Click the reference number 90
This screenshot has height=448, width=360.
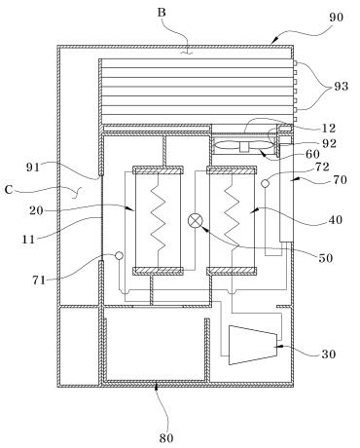(x=336, y=18)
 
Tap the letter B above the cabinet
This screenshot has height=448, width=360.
(x=162, y=13)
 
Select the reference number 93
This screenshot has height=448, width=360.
(x=342, y=87)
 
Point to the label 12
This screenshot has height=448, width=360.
(x=329, y=129)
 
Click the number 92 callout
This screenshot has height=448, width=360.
(x=330, y=143)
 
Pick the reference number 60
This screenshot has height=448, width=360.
(x=313, y=154)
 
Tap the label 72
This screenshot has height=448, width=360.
(x=322, y=168)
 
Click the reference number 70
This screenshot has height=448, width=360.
(x=341, y=179)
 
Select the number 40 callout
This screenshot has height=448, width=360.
(x=336, y=220)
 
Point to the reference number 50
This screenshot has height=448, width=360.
(x=326, y=258)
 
